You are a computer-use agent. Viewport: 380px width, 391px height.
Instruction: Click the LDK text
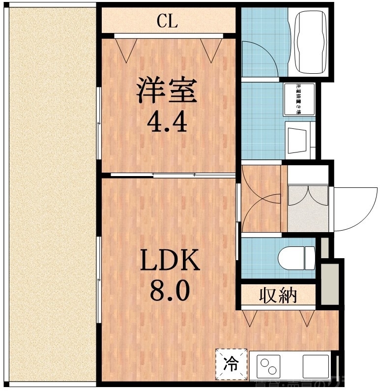[x=170, y=261]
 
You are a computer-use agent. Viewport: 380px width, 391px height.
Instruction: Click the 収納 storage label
[x=278, y=296]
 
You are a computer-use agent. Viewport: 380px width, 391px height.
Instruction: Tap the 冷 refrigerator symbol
[x=230, y=364]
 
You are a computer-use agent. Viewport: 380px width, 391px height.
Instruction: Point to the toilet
[x=295, y=257]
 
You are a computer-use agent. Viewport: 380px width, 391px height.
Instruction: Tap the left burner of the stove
[x=264, y=363]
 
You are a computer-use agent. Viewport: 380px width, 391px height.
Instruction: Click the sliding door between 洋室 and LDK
[x=167, y=175]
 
